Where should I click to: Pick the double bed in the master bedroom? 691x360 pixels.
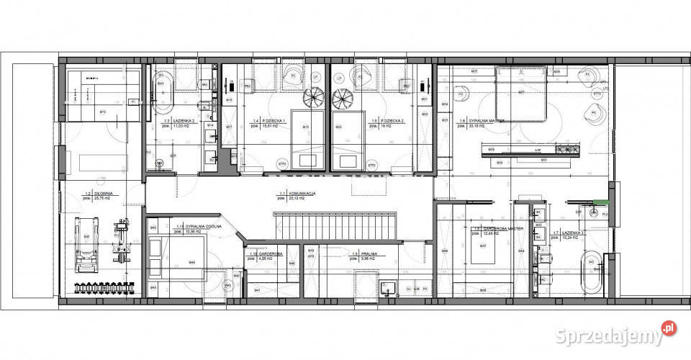(521, 94)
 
